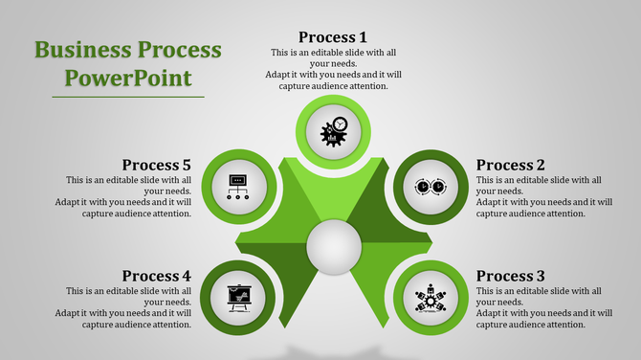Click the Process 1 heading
pyautogui.click(x=332, y=37)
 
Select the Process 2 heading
pyautogui.click(x=510, y=165)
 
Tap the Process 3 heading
pyautogui.click(x=510, y=276)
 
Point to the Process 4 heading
pyautogui.click(x=157, y=276)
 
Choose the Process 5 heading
pyautogui.click(x=157, y=165)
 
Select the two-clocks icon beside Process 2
pyautogui.click(x=431, y=186)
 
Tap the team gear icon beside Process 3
pyautogui.click(x=431, y=297)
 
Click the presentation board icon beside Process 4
pyautogui.click(x=236, y=297)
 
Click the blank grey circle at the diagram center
pyautogui.click(x=334, y=248)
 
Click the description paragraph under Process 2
pyautogui.click(x=539, y=196)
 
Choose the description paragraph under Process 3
pyautogui.click(x=539, y=307)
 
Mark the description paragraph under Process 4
pyautogui.click(x=126, y=307)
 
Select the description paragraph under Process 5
pyautogui.click(x=126, y=196)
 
